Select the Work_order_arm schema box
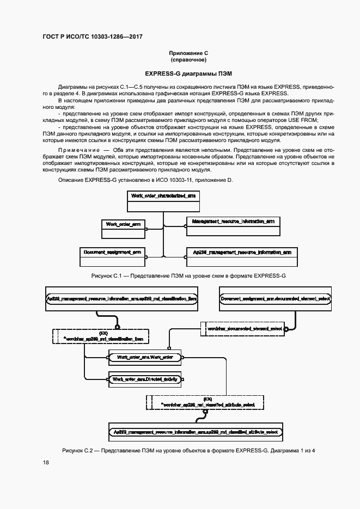(x=124, y=229)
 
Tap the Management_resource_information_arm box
(x=233, y=226)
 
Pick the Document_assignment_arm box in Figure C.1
(x=113, y=257)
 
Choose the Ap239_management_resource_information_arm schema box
(x=241, y=257)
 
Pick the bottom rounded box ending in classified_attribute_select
(x=195, y=432)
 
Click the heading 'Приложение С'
(x=188, y=53)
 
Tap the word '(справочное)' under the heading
(x=188, y=60)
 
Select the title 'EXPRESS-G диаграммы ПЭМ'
(x=188, y=73)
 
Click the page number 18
(x=46, y=463)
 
